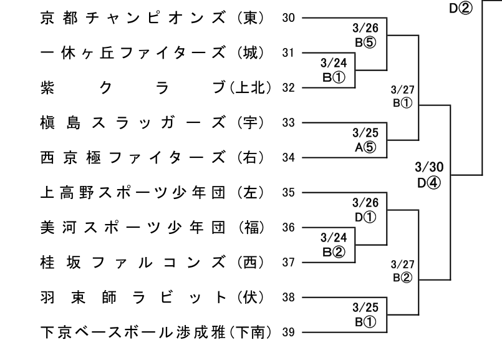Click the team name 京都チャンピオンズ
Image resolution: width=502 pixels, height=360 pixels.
[133, 18]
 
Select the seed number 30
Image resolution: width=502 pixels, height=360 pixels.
[288, 18]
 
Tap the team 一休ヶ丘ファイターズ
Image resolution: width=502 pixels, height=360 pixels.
[133, 53]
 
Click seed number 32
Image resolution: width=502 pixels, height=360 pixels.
[288, 88]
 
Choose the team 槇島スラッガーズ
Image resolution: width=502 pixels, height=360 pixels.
[133, 123]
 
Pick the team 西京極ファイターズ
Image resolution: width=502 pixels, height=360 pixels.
[133, 158]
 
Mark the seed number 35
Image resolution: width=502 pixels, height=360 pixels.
[288, 193]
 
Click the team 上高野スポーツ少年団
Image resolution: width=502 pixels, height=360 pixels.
[133, 193]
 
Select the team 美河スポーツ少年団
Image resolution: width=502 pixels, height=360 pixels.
[133, 227]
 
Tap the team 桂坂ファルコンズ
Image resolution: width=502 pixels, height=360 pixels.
[133, 262]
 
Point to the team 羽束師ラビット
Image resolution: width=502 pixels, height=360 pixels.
[133, 297]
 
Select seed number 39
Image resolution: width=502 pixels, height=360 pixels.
[288, 332]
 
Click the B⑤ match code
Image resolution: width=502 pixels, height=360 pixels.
[365, 42]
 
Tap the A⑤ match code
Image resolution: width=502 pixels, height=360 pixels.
[365, 147]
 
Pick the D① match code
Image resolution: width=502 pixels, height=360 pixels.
[365, 217]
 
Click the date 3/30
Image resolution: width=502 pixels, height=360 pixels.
[429, 167]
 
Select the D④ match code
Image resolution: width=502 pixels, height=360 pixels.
[429, 183]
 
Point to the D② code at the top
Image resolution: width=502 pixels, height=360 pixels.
[461, 8]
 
